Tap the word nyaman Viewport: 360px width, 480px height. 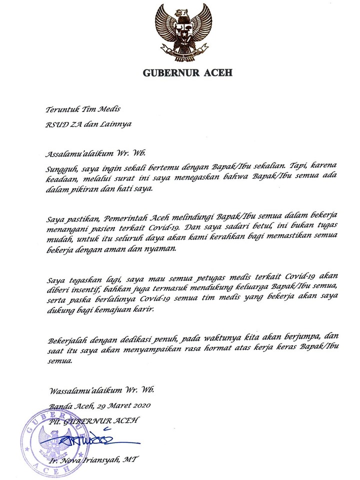[161, 251]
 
